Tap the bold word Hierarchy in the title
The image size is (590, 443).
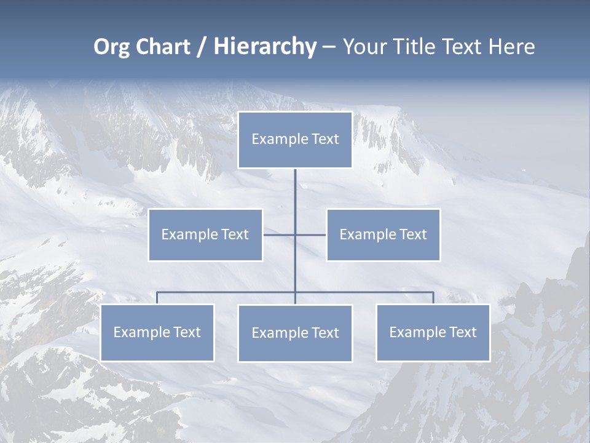265,47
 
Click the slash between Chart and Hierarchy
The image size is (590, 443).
202,47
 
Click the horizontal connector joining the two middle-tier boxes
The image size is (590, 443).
280,234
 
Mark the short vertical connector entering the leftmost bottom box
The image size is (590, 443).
157,298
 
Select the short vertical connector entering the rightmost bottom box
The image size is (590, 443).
433,298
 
